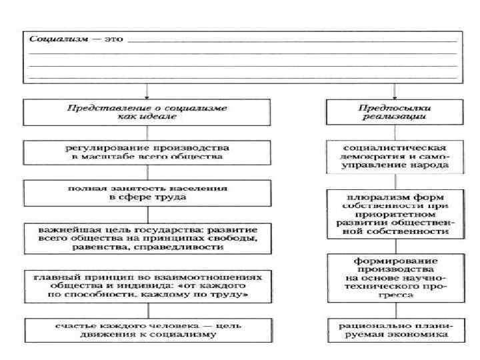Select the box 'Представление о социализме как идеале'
coord(148,111)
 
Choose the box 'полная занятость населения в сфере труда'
coord(148,193)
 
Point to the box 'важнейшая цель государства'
coord(148,238)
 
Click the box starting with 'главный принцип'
coord(148,285)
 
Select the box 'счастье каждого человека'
coord(148,330)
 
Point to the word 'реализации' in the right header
coord(395,117)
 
